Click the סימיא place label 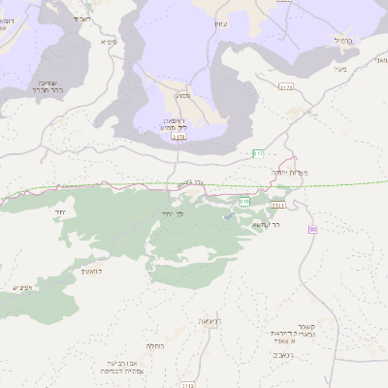point(108,43)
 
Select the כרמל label point(339,40)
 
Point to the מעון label point(338,69)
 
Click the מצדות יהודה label point(290,174)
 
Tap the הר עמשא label point(265,224)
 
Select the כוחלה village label point(154,345)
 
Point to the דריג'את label point(208,320)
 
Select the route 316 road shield point(245,201)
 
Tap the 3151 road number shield point(278,205)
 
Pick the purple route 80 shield point(312,229)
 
